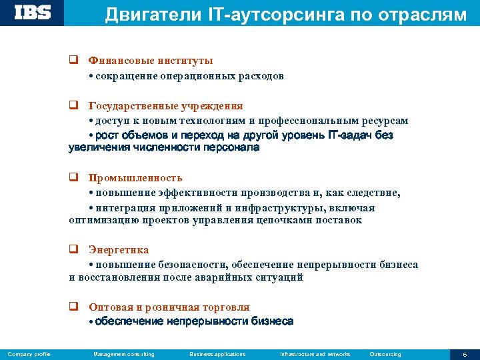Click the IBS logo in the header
[x=33, y=13]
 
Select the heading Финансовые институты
[x=141, y=61]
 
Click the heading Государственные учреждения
[x=165, y=106]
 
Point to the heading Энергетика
[x=119, y=250]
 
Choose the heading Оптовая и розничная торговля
[x=169, y=307]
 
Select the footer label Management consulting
[x=124, y=354]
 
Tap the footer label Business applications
[x=217, y=354]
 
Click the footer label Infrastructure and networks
[x=315, y=354]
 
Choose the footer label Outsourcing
[x=385, y=354]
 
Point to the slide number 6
[x=465, y=354]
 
